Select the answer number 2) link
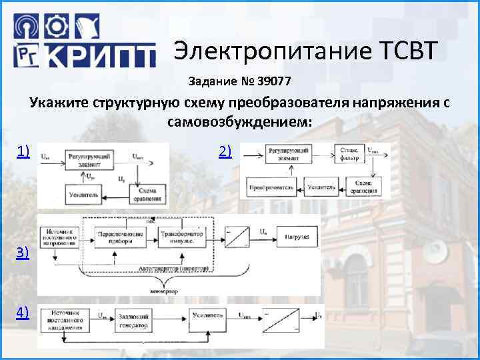point(225,153)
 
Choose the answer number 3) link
point(23,253)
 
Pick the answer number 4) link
point(23,312)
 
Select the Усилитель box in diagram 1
point(83,195)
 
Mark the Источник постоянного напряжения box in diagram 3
point(59,238)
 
